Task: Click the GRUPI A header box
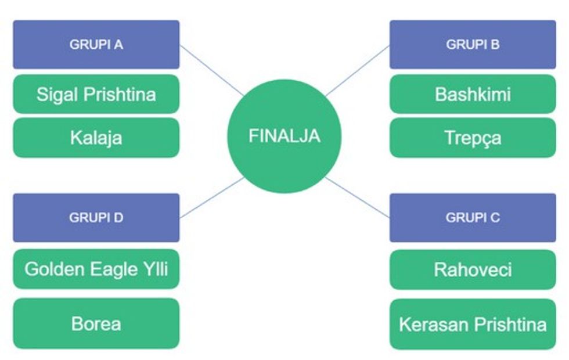tap(96, 45)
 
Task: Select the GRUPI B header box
tap(473, 45)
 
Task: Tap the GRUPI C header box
tap(473, 218)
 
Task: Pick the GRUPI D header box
tap(96, 218)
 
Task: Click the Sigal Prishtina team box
tap(96, 94)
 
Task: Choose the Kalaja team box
tap(96, 138)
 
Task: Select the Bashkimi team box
tap(473, 94)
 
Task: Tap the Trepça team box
tap(473, 138)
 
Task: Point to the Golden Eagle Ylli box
tap(96, 269)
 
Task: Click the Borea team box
tap(96, 323)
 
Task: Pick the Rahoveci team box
tap(473, 269)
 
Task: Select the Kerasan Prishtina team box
tap(473, 324)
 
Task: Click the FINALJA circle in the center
tap(284, 136)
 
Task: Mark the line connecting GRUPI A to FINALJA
tap(212, 70)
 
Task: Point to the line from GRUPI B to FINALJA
tap(357, 70)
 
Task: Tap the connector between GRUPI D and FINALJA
tap(212, 198)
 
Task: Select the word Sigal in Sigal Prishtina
tap(57, 94)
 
